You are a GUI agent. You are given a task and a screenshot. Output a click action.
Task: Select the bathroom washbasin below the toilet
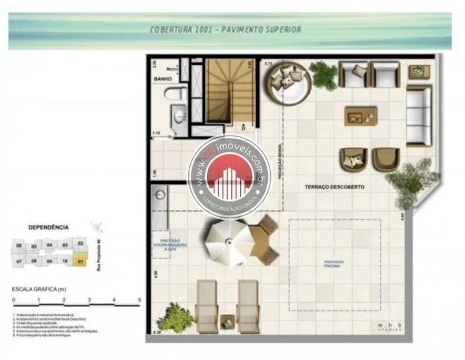[179, 117]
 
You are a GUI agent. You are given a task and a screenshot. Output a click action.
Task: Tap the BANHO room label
[163, 79]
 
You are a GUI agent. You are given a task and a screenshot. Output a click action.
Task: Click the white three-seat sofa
[418, 116]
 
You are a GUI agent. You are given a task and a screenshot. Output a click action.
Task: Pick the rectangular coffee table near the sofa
[360, 116]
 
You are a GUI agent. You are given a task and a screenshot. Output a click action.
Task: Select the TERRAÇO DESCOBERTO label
[334, 187]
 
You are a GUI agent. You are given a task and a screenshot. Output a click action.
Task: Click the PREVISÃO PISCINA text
[334, 264]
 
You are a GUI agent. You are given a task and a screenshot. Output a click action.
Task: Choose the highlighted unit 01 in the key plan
[81, 260]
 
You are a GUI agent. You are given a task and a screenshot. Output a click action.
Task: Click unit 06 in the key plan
[19, 245]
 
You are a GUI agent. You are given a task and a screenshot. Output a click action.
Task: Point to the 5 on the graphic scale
[139, 300]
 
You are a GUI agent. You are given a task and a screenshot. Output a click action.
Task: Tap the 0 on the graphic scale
[13, 300]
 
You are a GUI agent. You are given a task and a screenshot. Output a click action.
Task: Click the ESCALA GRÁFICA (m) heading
[39, 289]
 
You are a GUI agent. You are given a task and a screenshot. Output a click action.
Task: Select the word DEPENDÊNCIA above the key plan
[49, 227]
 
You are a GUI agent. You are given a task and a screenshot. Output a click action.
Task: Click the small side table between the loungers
[228, 322]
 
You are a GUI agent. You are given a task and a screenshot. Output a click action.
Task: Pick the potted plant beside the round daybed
[324, 75]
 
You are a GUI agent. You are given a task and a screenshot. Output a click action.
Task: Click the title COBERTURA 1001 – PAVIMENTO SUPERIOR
[225, 29]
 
